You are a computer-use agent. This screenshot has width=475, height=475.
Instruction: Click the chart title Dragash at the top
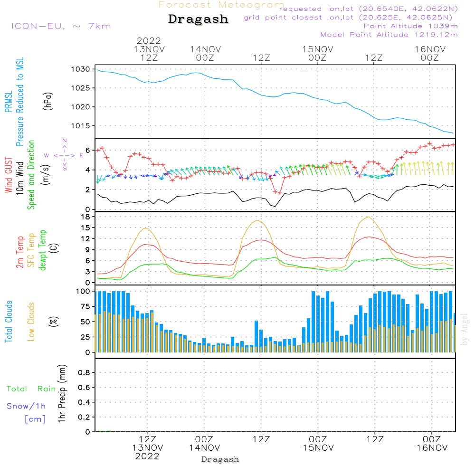click(198, 19)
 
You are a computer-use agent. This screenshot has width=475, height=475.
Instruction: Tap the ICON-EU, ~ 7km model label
click(61, 26)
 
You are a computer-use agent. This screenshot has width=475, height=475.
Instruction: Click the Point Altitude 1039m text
click(410, 26)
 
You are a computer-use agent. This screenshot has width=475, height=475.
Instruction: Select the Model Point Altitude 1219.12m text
click(389, 35)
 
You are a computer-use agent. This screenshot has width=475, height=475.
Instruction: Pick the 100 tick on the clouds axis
click(84, 291)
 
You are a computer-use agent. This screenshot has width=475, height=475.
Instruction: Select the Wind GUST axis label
click(9, 174)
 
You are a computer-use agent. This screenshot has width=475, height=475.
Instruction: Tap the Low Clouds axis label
click(31, 321)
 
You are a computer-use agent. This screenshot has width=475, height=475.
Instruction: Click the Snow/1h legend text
click(27, 406)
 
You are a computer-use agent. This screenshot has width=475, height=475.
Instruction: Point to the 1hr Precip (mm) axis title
click(62, 394)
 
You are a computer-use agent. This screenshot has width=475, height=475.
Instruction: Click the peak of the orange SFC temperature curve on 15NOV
click(369, 217)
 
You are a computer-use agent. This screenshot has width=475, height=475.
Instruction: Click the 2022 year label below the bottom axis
click(147, 456)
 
